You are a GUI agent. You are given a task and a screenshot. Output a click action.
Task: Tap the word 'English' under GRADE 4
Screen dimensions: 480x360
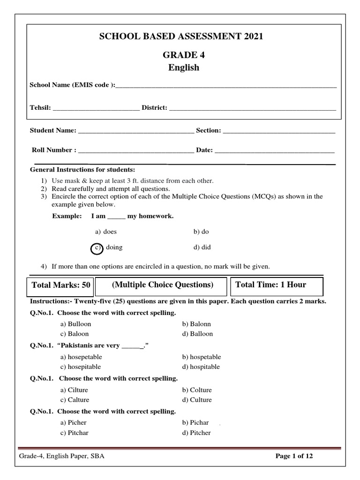click(x=184, y=67)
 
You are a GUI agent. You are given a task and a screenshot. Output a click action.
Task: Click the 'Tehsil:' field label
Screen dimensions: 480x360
click(x=40, y=108)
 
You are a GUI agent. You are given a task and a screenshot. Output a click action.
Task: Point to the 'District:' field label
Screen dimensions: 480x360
click(x=154, y=108)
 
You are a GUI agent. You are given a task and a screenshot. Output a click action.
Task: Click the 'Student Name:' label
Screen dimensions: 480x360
click(x=52, y=131)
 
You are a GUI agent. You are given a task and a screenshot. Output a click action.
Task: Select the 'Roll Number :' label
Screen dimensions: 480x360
click(x=54, y=150)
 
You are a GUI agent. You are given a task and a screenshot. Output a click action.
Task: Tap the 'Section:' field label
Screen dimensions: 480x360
click(x=209, y=131)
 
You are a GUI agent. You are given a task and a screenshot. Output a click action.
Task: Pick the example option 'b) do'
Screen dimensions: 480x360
click(x=201, y=232)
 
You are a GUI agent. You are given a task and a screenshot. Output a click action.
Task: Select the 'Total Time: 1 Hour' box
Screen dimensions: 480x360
click(x=270, y=285)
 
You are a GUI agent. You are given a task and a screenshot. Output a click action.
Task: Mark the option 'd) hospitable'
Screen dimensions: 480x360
click(x=201, y=367)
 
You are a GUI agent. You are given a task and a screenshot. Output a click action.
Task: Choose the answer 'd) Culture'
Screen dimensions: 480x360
click(x=197, y=400)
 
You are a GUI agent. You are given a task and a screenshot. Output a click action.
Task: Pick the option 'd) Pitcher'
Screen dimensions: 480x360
click(x=196, y=433)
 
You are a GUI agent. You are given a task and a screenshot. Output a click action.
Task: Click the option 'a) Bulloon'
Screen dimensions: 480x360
click(x=75, y=324)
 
